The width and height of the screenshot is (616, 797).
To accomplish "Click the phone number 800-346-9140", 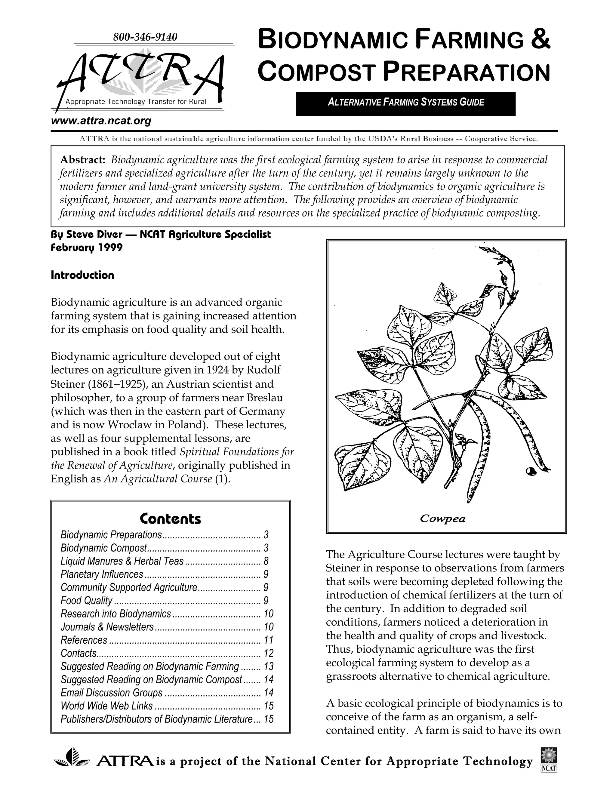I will tap(145, 37).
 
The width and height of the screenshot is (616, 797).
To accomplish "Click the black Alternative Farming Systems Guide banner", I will tap(405, 102).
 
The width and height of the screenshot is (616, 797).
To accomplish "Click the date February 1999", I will tap(87, 248).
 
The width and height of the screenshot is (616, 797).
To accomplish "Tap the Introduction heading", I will tap(82, 275).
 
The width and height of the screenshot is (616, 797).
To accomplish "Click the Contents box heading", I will tap(170, 519).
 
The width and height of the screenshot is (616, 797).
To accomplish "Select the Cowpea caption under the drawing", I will tap(442, 519).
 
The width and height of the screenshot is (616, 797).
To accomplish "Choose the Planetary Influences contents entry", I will tap(102, 574).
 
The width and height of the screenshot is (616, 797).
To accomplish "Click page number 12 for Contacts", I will tap(268, 653).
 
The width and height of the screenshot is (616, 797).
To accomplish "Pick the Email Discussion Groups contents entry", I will tap(111, 693).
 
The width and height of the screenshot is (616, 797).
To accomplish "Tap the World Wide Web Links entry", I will tap(106, 706).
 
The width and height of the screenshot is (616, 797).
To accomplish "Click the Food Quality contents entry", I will tap(87, 601).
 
